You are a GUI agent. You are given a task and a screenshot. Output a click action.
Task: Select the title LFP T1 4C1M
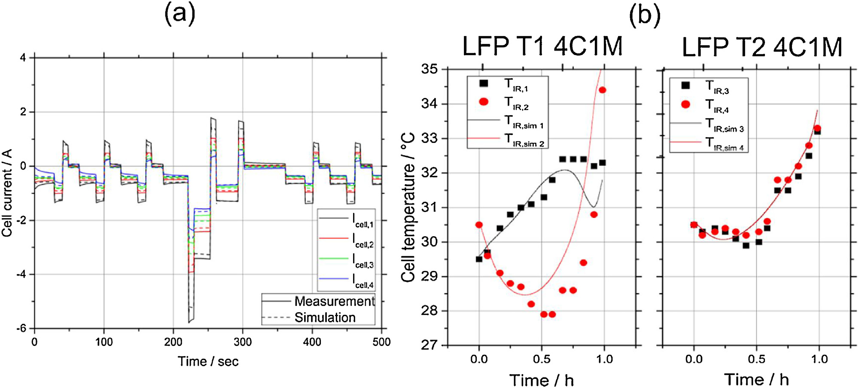pyautogui.click(x=542, y=46)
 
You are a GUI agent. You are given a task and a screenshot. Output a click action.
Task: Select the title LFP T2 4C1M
pyautogui.click(x=762, y=47)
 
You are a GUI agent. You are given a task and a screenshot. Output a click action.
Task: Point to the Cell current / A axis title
pyautogui.click(x=7, y=193)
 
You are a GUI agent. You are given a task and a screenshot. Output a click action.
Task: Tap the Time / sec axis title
pyautogui.click(x=208, y=361)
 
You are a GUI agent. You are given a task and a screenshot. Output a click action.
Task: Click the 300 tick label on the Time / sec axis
pyautogui.click(x=243, y=342)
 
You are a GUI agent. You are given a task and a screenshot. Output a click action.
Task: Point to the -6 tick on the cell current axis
pyautogui.click(x=21, y=329)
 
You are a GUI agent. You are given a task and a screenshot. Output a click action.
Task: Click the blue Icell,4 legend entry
pyautogui.click(x=346, y=280)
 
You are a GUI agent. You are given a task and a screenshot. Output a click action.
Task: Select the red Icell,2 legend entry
pyautogui.click(x=346, y=240)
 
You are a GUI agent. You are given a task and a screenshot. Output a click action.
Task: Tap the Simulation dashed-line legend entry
pyautogui.click(x=318, y=317)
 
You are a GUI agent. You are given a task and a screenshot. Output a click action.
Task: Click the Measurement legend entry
pyautogui.click(x=318, y=301)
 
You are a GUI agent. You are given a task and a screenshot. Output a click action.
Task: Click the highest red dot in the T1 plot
pyautogui.click(x=602, y=90)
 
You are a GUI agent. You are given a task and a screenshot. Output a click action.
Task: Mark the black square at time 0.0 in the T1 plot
pyautogui.click(x=479, y=259)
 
